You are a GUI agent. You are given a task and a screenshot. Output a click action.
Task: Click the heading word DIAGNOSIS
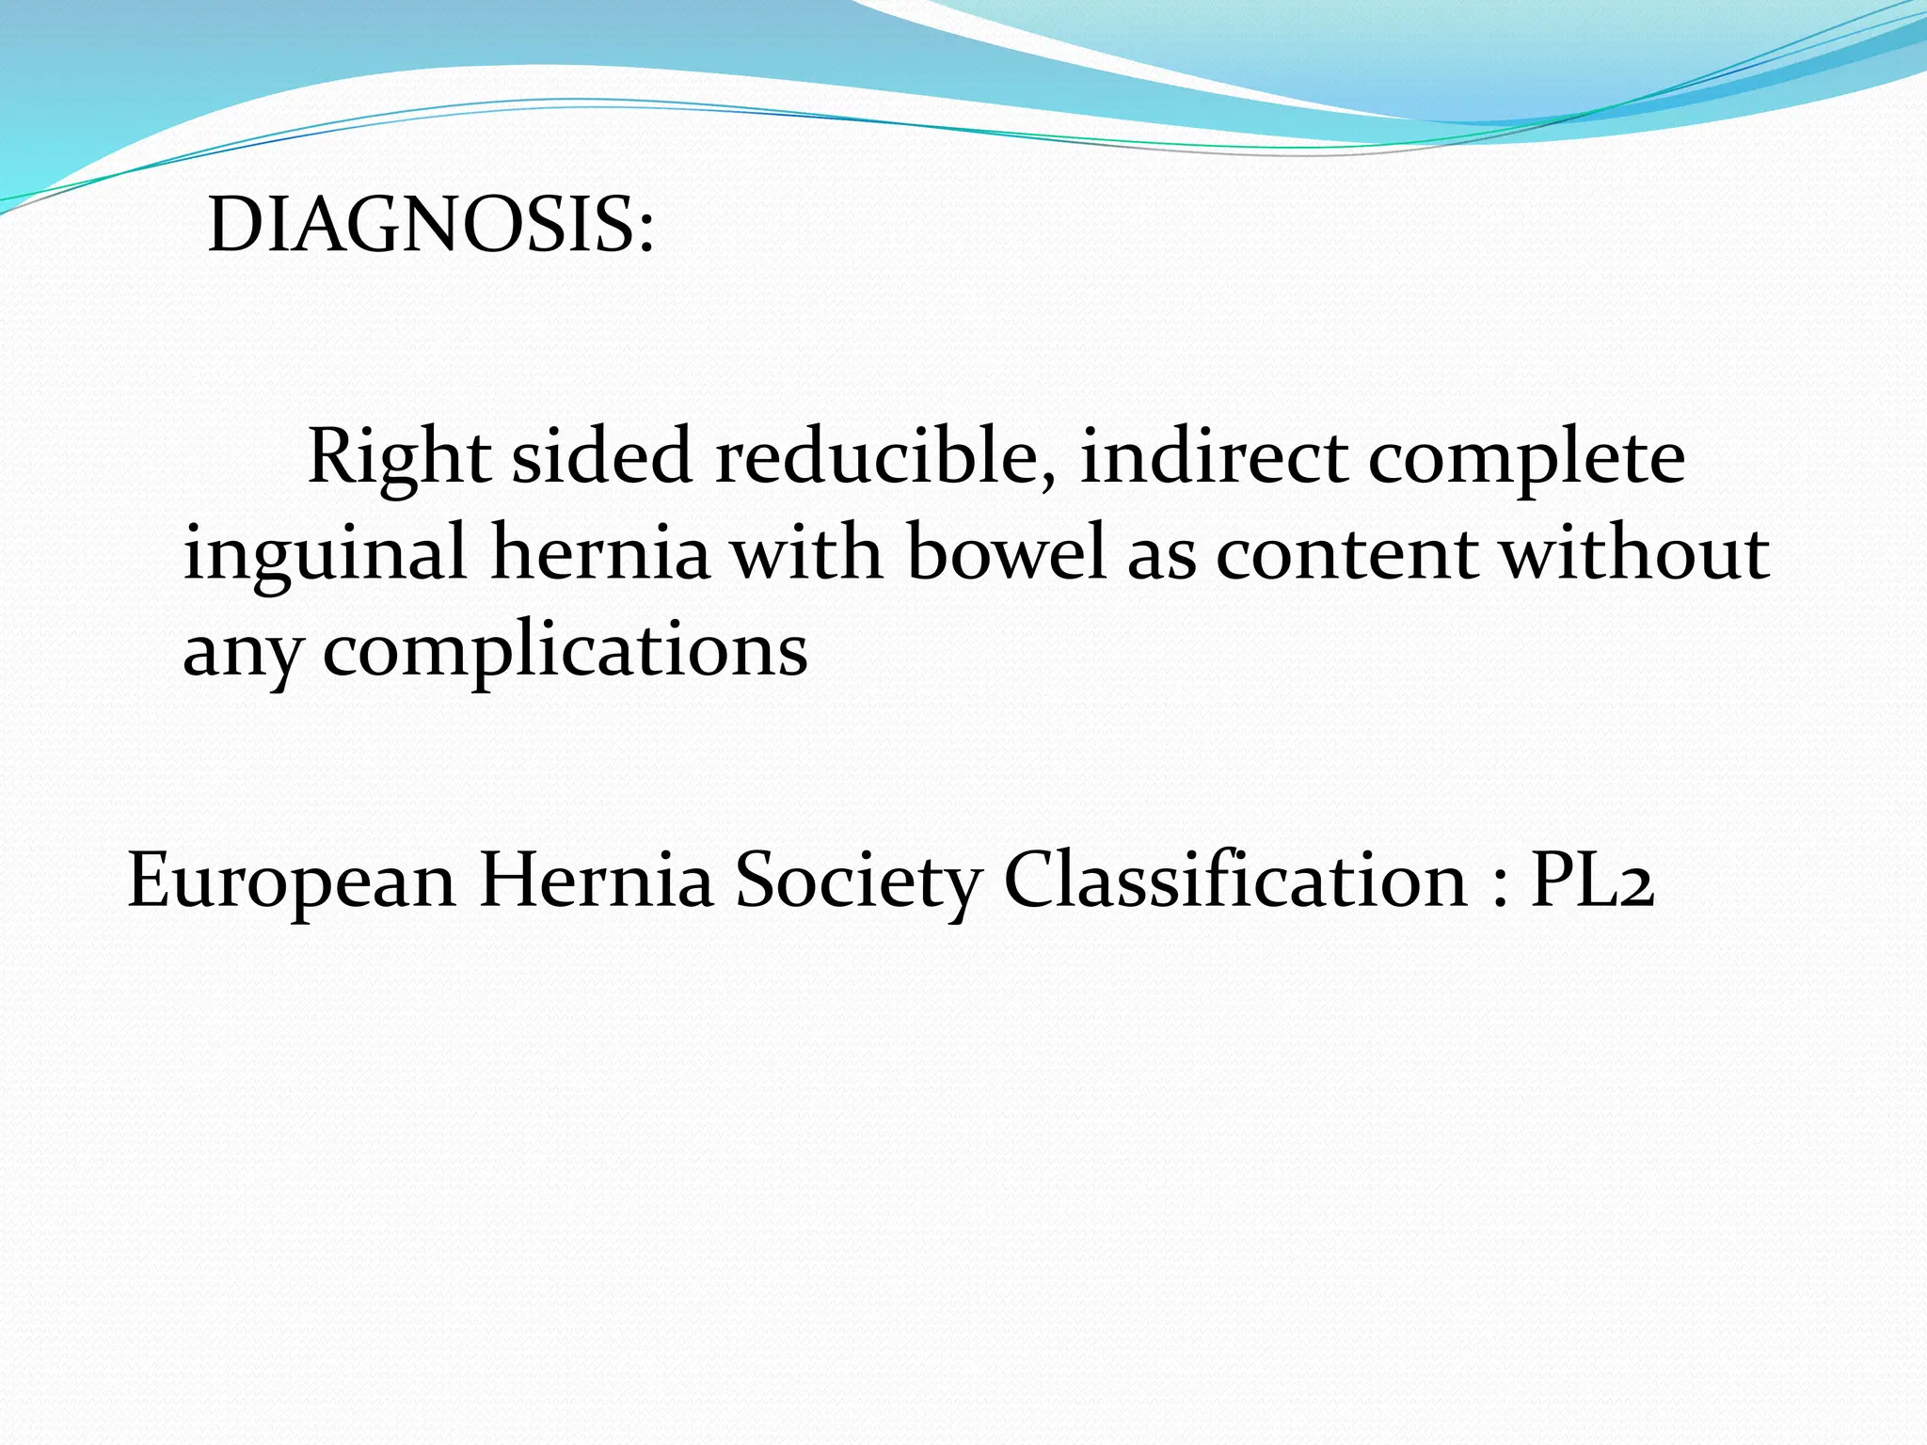point(419,226)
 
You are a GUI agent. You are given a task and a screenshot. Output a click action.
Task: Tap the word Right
point(399,457)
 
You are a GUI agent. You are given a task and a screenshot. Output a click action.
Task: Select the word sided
point(602,457)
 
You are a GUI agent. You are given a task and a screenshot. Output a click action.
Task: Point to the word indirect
point(1214,457)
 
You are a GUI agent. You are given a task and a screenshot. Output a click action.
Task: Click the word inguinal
point(325,555)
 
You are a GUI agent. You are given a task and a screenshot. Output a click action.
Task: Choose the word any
point(242,653)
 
